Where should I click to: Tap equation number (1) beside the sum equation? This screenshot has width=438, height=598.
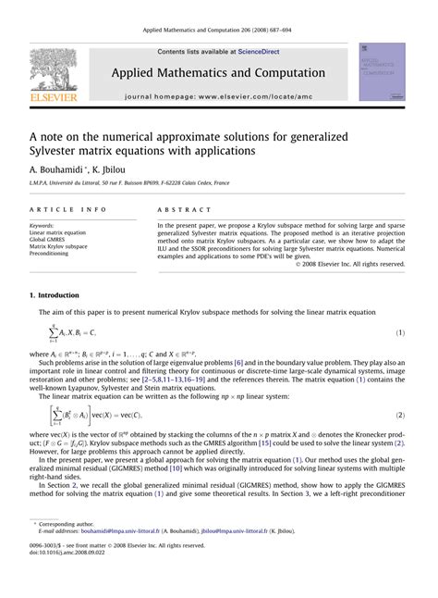coord(400,331)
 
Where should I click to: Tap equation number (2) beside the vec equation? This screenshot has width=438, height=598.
coord(400,416)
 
